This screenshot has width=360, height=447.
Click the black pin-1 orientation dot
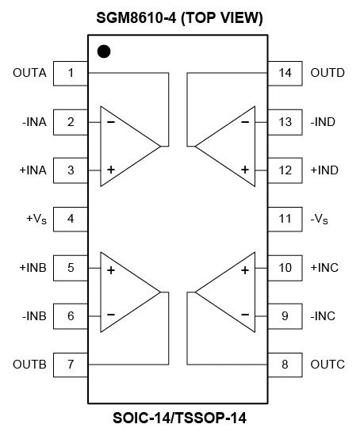103,53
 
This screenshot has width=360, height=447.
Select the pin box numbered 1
71,73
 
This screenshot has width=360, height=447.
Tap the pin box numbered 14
285,73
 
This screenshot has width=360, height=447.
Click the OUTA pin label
29,73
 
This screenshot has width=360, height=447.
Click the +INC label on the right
324,267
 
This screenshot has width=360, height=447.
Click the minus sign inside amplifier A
111,122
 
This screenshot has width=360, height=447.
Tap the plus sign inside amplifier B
111,270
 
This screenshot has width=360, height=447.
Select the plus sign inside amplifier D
245,170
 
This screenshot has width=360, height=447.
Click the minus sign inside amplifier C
245,315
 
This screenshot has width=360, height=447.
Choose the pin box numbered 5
71,267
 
